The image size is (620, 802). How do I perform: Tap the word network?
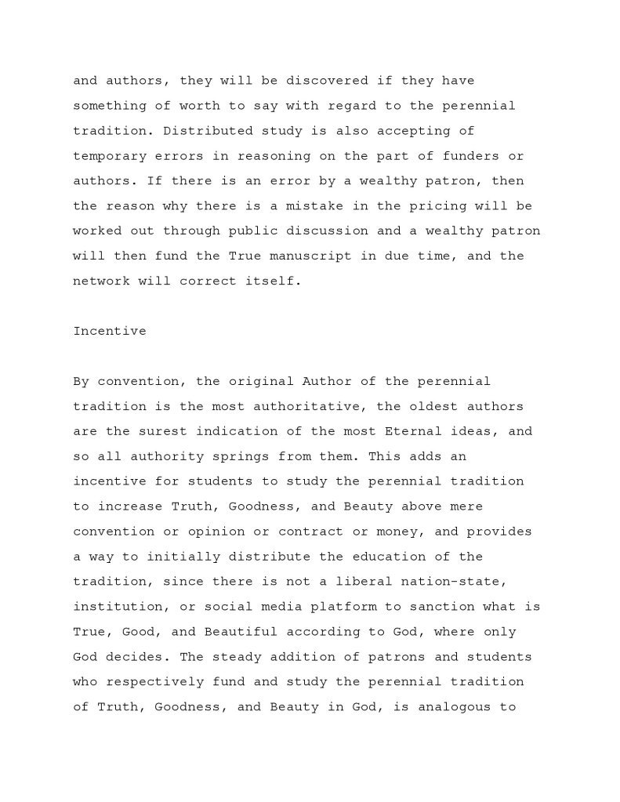[102, 281]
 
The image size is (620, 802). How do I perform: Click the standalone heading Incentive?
[110, 331]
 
